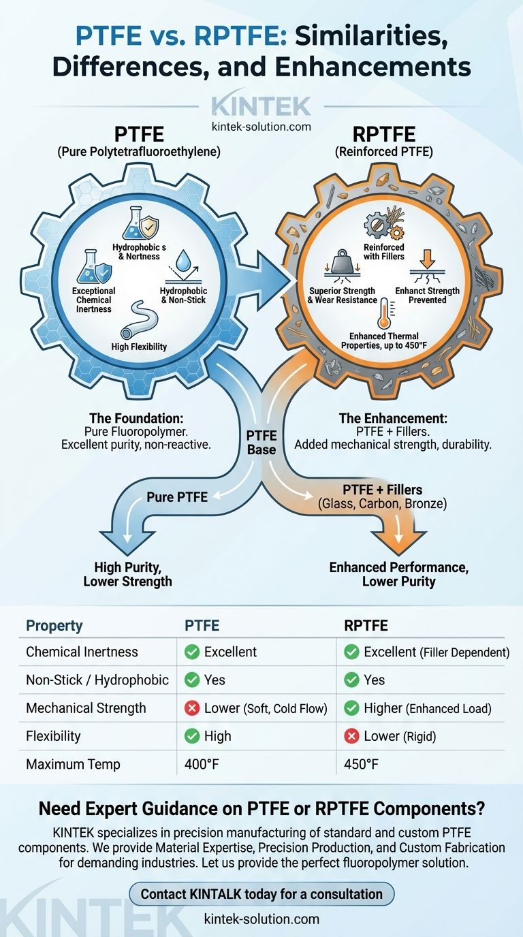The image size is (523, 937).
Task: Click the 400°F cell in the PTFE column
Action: click(202, 764)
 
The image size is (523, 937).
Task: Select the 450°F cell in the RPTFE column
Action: click(362, 764)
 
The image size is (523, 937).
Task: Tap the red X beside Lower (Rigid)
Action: click(351, 736)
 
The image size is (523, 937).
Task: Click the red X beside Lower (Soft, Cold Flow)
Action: click(192, 708)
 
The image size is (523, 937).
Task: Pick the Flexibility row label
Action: click(53, 736)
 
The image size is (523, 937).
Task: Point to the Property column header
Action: click(54, 626)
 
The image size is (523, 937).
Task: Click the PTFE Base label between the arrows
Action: click(261, 443)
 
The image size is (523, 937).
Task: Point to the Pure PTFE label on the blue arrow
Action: click(177, 497)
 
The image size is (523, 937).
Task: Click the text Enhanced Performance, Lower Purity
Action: click(398, 574)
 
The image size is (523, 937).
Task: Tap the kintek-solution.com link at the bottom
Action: click(261, 919)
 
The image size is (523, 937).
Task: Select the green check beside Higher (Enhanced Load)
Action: click(351, 708)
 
